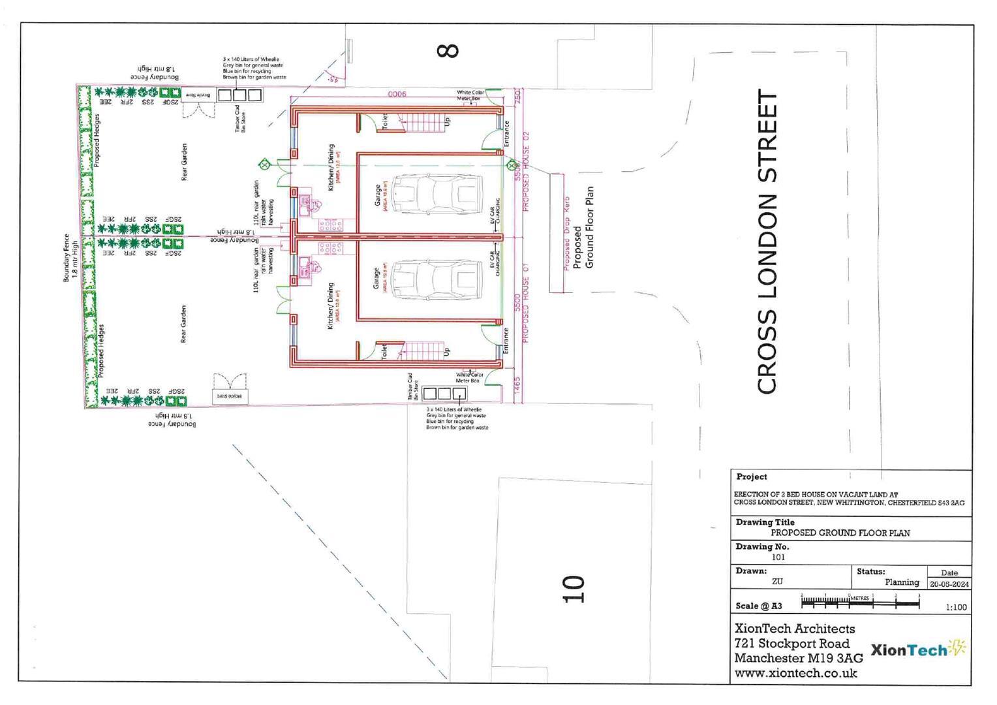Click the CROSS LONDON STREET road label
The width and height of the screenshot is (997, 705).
pyautogui.click(x=767, y=242)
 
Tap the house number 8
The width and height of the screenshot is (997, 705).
pyautogui.click(x=448, y=50)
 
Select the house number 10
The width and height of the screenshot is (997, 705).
pyautogui.click(x=574, y=589)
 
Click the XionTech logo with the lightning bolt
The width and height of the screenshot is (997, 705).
pyautogui.click(x=918, y=650)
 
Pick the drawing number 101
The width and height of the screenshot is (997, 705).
pyautogui.click(x=778, y=557)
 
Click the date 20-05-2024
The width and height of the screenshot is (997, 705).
pyautogui.click(x=949, y=584)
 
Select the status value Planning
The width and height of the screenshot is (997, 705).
pyautogui.click(x=902, y=582)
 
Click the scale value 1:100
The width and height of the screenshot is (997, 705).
pyautogui.click(x=956, y=607)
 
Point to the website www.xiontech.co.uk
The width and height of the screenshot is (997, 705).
pyautogui.click(x=795, y=673)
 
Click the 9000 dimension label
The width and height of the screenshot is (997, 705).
pyautogui.click(x=397, y=94)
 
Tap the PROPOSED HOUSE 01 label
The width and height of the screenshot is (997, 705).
pyautogui.click(x=526, y=311)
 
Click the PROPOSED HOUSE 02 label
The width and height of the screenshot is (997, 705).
pyautogui.click(x=526, y=172)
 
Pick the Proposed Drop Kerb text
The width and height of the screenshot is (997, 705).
pyautogui.click(x=566, y=233)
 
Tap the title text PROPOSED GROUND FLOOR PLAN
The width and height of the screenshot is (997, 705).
pyautogui.click(x=840, y=533)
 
